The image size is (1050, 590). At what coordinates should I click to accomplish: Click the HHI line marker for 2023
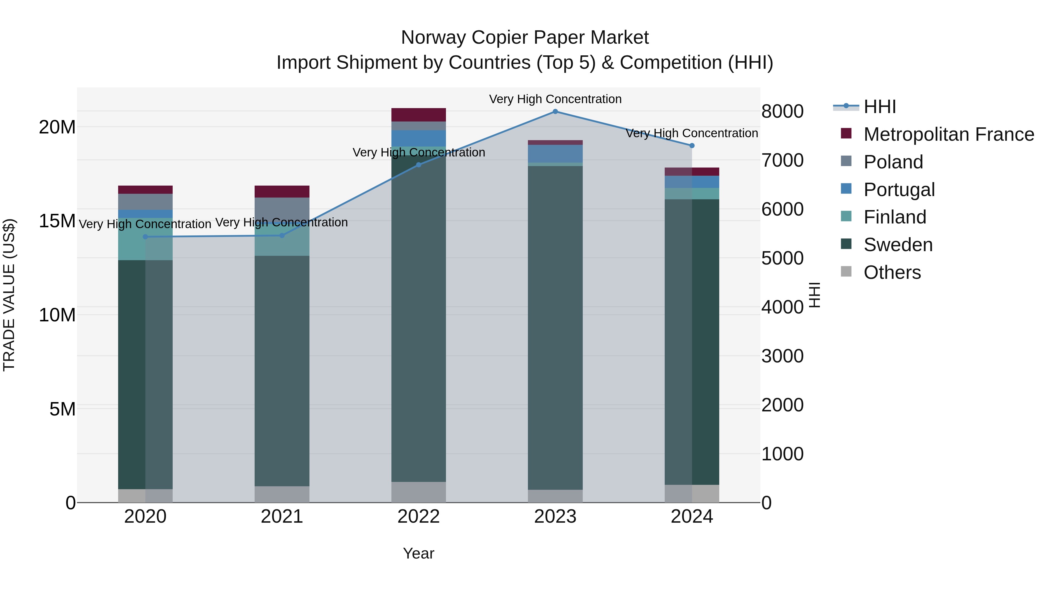click(555, 112)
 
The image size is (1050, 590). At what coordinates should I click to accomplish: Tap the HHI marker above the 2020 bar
click(146, 237)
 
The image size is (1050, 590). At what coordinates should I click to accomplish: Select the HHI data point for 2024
click(692, 146)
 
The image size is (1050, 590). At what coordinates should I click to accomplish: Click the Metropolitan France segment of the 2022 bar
click(419, 115)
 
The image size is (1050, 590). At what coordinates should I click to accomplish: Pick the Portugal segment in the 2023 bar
click(555, 154)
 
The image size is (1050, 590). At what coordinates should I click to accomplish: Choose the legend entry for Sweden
click(898, 245)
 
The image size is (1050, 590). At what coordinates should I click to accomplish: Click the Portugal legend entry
click(899, 190)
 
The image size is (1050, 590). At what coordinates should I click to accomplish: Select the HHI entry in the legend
click(880, 107)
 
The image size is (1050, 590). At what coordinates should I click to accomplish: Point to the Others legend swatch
click(846, 272)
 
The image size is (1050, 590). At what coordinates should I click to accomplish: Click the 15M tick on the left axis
click(57, 221)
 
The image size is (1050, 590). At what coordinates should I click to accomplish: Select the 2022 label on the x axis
click(419, 517)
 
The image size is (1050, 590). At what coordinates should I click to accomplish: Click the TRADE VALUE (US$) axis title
click(9, 295)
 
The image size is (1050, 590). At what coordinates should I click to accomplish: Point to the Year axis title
click(419, 553)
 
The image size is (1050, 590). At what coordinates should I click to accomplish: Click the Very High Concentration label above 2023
click(555, 99)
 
